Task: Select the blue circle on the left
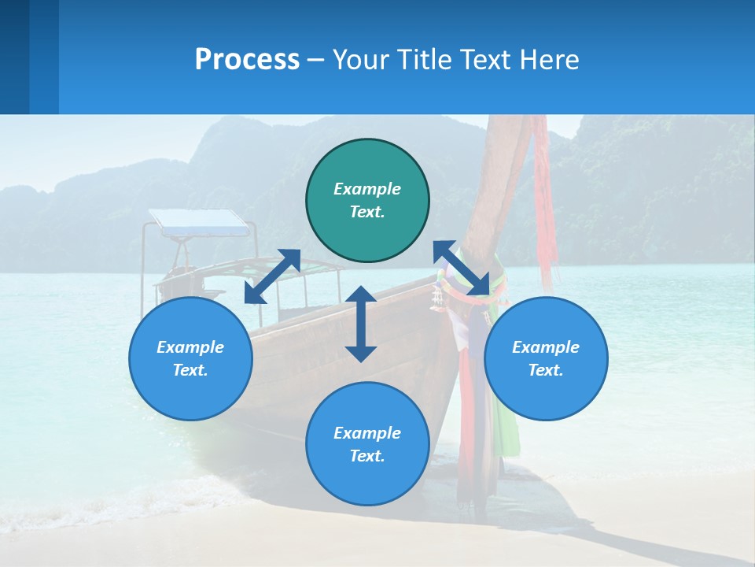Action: coord(190,358)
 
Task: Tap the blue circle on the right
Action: coord(546,358)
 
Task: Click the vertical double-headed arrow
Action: coord(361,324)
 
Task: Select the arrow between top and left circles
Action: coord(272,276)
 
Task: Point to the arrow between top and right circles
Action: coord(461,268)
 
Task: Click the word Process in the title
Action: coord(247,60)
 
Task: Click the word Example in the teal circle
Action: coord(367,189)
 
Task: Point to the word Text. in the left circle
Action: coord(190,370)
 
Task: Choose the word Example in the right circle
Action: coord(546,347)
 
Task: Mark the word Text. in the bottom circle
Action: coord(367,456)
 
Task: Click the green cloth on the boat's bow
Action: coord(508,425)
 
